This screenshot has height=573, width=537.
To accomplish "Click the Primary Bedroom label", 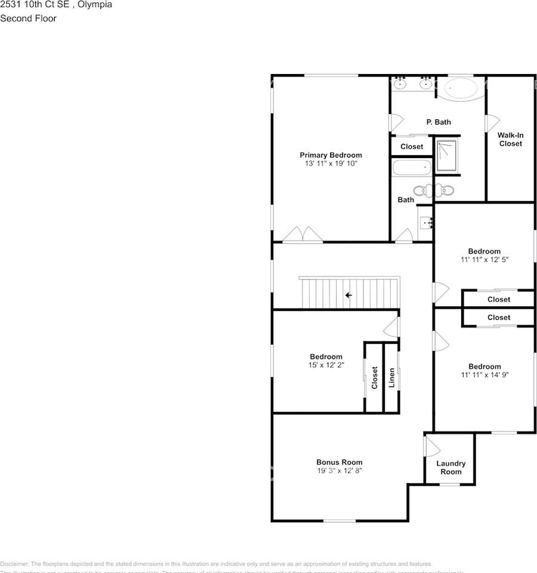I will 331,155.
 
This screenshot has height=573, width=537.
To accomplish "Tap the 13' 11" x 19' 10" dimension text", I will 331,164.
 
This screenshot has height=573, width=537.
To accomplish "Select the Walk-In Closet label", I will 510,139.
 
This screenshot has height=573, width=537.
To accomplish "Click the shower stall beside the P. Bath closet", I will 447,156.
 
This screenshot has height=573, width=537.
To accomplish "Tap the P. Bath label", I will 439,122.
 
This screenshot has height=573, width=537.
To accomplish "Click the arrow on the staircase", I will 348,295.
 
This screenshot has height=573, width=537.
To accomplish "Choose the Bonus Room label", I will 339,462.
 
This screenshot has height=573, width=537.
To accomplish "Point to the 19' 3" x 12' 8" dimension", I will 339,470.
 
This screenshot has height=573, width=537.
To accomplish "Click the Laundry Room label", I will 450,467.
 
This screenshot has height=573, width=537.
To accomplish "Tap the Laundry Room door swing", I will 431,446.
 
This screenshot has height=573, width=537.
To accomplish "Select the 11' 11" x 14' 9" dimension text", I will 484,375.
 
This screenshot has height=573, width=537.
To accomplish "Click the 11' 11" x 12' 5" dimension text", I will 484,260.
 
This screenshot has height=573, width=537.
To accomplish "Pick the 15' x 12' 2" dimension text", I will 325,365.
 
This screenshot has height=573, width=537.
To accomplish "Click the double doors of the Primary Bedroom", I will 303,235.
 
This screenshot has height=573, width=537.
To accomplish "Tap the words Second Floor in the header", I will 28,19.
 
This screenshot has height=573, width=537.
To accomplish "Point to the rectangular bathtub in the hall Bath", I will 411,168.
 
